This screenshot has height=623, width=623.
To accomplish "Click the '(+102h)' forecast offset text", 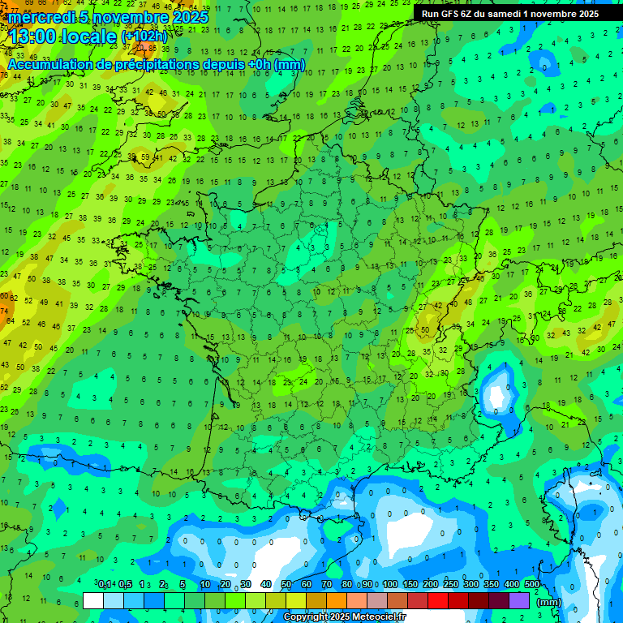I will pos(144,37).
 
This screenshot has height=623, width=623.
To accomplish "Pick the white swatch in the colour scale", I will pos(92,600).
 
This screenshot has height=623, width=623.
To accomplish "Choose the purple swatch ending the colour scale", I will pos(519,600).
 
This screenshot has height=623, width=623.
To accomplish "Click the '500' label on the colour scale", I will pos(532,584).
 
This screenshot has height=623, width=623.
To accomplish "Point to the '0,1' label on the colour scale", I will pos(105,584).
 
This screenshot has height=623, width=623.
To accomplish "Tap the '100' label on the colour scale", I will pos(390,584).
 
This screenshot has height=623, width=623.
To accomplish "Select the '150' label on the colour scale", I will pos(410,584).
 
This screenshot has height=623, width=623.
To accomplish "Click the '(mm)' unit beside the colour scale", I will pos(548,602).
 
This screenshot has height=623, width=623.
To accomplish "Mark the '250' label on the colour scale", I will pos(451,584).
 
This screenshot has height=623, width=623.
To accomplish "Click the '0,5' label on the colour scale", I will pos(125,584).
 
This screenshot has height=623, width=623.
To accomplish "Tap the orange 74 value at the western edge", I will pos(4,311).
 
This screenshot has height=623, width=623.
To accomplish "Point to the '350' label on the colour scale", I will pos(492,584).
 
